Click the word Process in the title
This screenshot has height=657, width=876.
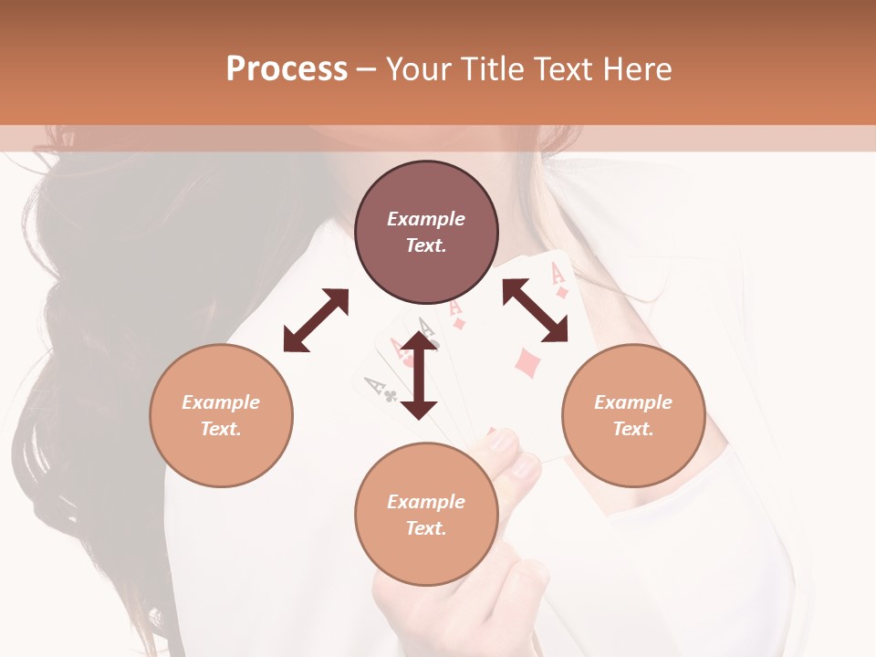pos(287,69)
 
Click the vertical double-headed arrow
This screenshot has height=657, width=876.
pos(419,375)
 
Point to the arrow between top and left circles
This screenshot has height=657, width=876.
pos(316,319)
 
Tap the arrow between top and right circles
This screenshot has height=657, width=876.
pos(535,310)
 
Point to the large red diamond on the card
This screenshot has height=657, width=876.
pos(527,362)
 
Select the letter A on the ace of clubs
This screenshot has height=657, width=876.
pos(372,383)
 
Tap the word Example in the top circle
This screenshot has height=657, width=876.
pos(426,219)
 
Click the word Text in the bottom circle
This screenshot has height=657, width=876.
pos(426,528)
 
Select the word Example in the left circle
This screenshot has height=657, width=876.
pos(221,402)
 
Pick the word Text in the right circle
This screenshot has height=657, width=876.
pos(633,429)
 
